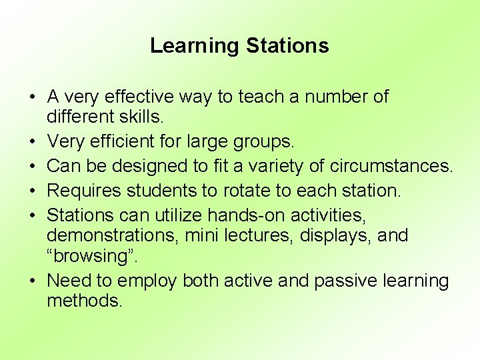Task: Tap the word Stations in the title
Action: [287, 46]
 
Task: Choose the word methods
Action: [84, 301]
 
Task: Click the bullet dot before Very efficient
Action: [32, 142]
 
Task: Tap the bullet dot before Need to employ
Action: [32, 281]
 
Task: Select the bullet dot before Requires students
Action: [32, 191]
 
